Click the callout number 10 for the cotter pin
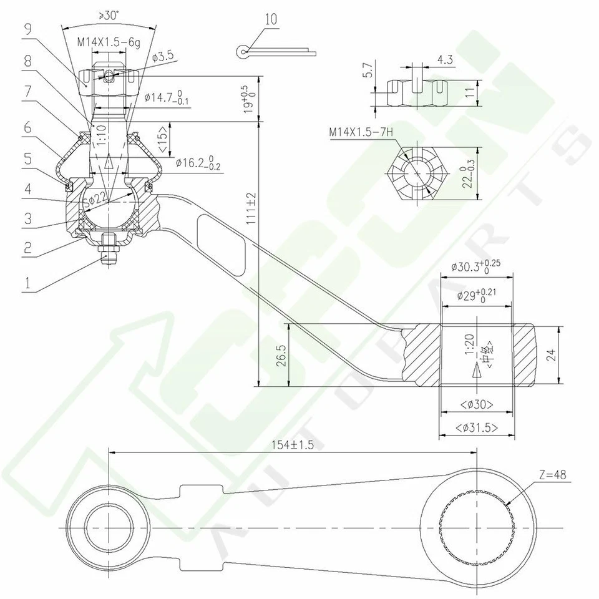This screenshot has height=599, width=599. click(271, 19)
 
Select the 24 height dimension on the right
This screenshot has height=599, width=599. click(550, 354)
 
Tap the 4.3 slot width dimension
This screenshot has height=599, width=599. click(445, 60)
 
